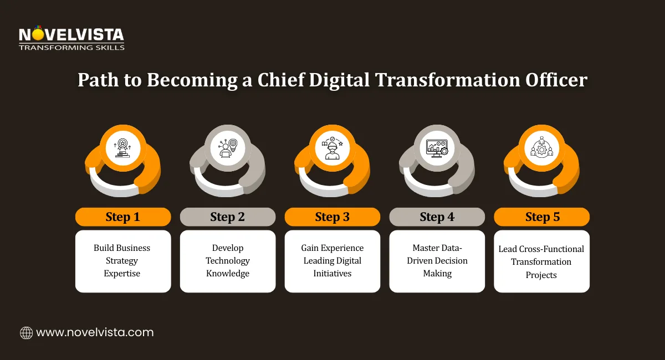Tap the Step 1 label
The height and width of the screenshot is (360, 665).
click(123, 217)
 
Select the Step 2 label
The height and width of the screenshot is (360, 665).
click(228, 217)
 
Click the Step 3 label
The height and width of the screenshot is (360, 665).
click(332, 217)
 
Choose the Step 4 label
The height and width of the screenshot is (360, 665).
click(437, 217)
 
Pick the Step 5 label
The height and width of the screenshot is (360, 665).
click(542, 217)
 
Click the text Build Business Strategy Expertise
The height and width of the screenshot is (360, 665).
click(122, 260)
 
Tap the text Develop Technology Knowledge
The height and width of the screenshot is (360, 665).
click(228, 260)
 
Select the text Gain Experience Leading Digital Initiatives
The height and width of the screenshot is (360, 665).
click(332, 260)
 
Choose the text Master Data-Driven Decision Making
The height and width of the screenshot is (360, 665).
click(437, 260)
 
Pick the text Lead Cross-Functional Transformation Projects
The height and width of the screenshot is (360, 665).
click(541, 261)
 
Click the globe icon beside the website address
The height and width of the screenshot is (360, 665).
click(26, 333)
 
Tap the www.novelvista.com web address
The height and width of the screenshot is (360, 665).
click(95, 333)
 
